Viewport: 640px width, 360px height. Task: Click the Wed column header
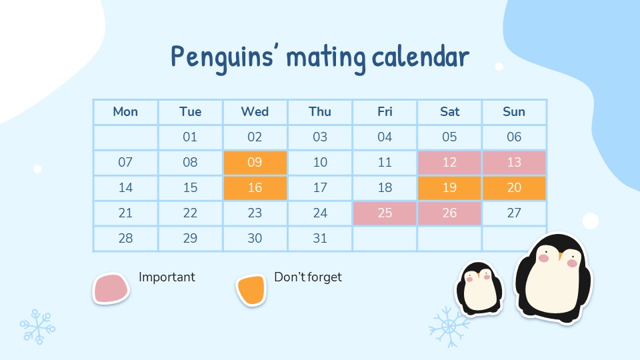[255, 111]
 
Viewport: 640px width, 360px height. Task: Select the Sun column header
[514, 111]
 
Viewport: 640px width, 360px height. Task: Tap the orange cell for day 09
[255, 163]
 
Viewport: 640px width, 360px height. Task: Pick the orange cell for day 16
[255, 188]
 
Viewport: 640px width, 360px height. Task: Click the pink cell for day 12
[449, 163]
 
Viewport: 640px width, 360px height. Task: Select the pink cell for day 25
[385, 213]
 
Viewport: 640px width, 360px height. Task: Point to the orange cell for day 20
[514, 188]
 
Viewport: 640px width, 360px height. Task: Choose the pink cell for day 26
[449, 213]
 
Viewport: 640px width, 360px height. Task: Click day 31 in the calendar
[320, 238]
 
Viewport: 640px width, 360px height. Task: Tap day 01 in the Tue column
[190, 137]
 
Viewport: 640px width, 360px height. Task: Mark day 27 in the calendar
[514, 213]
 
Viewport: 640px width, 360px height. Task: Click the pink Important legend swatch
[111, 288]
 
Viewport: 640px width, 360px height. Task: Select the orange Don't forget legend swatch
[251, 290]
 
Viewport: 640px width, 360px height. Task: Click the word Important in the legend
[167, 277]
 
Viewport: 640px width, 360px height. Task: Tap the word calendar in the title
[421, 57]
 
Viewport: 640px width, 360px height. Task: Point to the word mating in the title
[326, 59]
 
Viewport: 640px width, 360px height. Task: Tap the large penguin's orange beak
[561, 256]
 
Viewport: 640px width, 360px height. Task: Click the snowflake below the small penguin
[449, 327]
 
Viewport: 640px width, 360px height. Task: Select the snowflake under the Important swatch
[37, 327]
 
